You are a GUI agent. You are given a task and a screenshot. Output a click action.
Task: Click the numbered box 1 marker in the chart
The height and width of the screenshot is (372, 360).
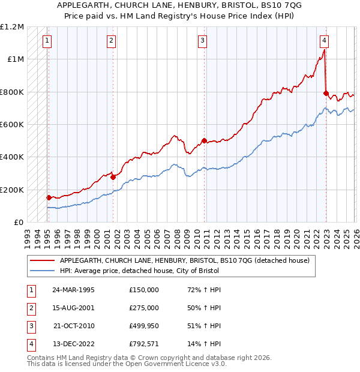(x=47, y=41)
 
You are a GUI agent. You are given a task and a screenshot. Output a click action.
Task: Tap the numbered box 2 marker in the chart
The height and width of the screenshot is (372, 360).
(x=112, y=41)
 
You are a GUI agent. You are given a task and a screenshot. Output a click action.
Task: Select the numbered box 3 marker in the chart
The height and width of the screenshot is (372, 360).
(x=203, y=41)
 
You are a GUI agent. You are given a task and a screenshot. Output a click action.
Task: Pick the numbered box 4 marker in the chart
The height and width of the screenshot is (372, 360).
(x=324, y=41)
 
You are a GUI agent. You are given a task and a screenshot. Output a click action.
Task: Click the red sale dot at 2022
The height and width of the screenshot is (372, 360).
(x=326, y=93)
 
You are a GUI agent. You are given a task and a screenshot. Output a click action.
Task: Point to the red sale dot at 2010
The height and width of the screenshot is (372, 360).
(x=204, y=141)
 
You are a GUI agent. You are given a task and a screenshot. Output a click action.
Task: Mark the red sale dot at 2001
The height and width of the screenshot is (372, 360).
(x=113, y=177)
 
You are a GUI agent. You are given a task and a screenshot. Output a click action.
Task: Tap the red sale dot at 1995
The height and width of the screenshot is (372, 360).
(x=49, y=197)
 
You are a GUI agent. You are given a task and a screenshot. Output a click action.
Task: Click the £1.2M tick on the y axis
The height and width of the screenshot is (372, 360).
(x=12, y=27)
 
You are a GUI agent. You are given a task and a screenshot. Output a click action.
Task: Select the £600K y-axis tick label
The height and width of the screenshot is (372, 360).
(x=12, y=124)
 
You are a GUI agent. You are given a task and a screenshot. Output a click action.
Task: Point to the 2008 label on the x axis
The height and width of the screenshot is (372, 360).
(x=178, y=234)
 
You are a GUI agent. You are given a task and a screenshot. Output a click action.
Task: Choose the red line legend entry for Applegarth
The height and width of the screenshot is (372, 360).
(x=184, y=260)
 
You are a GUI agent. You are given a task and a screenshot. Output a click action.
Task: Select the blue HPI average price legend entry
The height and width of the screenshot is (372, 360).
(x=139, y=271)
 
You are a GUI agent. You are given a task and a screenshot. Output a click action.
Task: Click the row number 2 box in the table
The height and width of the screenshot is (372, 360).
(x=30, y=308)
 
